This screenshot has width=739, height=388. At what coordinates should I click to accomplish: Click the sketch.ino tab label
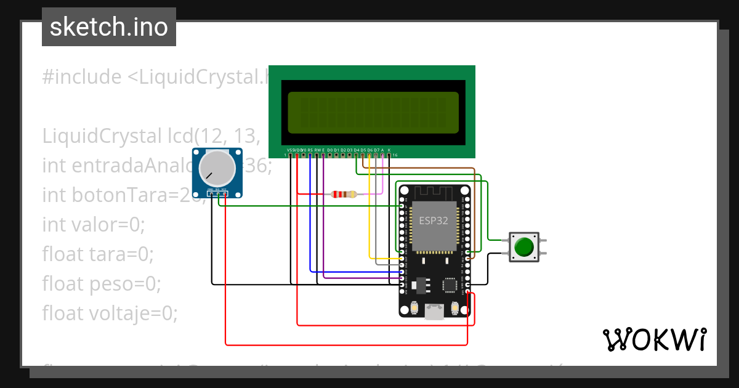coord(108,27)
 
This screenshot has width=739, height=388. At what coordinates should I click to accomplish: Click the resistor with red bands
coord(344,195)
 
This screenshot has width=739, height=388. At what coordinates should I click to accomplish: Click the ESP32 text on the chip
coord(434,221)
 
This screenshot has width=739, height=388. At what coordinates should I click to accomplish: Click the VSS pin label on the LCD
coord(290,150)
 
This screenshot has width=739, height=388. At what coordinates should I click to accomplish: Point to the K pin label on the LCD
coord(389,150)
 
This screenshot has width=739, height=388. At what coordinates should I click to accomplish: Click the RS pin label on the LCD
coord(310,150)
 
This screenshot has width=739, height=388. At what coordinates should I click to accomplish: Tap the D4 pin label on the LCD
coord(356,150)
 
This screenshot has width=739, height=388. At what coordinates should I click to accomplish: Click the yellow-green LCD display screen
coord(373,113)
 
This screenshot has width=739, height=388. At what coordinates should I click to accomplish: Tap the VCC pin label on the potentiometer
coord(225,189)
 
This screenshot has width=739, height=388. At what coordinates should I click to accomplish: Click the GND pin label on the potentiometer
coord(211,189)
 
